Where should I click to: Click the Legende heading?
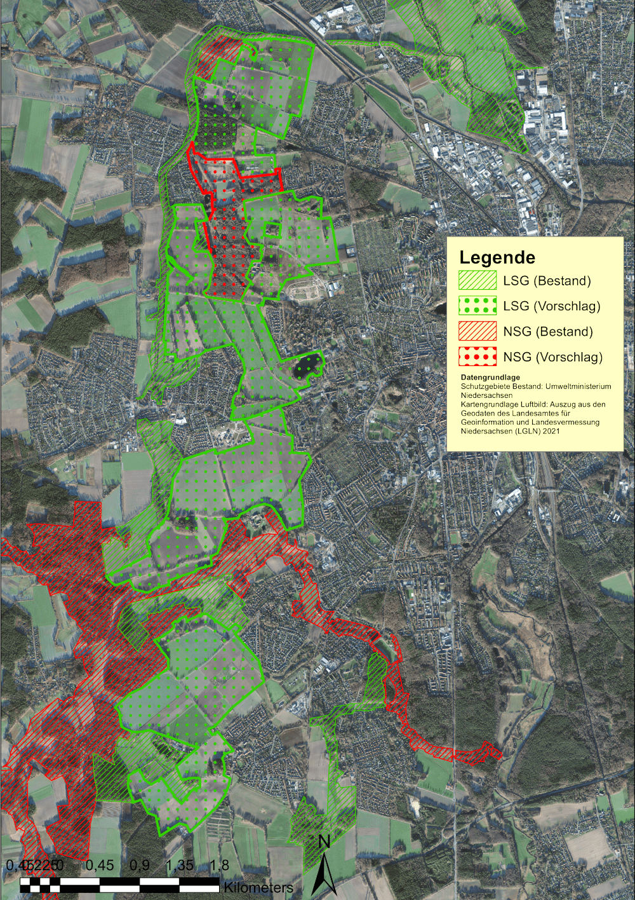[497, 257]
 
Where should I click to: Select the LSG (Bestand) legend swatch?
[478, 280]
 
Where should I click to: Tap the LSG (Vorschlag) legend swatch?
[478, 306]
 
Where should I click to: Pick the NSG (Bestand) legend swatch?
[478, 331]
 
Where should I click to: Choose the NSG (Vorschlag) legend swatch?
[478, 357]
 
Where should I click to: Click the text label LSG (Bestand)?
[547, 281]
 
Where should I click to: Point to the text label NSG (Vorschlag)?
[552, 357]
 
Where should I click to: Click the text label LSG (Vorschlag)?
[551, 306]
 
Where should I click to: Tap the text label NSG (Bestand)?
[548, 332]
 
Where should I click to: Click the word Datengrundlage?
[490, 378]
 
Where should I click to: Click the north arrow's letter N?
[324, 842]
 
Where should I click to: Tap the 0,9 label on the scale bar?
[140, 865]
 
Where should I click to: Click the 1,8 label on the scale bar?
[219, 865]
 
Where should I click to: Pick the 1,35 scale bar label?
[180, 865]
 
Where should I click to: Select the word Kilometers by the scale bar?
[258, 887]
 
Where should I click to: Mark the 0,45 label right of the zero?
[100, 865]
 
